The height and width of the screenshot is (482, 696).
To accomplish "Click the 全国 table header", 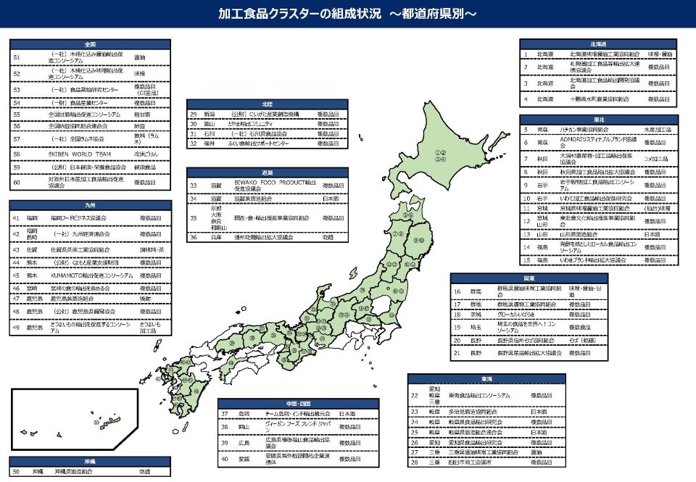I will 90,43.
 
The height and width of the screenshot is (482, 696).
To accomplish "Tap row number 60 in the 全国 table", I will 17,183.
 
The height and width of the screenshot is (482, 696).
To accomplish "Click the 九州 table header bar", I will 90,205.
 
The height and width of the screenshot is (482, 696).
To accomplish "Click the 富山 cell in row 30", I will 209,124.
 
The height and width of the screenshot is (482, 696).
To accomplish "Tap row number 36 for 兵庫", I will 194,237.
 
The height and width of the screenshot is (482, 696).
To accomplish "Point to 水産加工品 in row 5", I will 659,130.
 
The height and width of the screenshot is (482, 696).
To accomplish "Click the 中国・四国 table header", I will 299,403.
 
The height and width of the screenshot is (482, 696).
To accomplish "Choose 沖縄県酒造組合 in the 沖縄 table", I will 73,471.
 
